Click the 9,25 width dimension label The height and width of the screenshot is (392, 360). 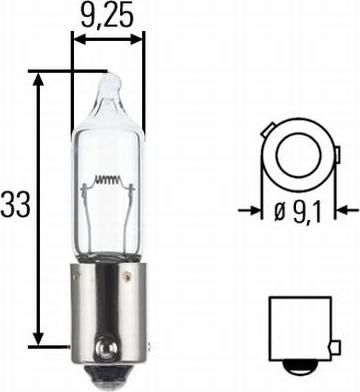[x=107, y=15]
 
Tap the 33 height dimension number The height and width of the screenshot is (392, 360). [x=15, y=204]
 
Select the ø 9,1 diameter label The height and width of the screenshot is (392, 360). [x=297, y=212]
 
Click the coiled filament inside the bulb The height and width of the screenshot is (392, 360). [x=107, y=180]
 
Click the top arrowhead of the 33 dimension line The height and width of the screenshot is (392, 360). [x=39, y=81]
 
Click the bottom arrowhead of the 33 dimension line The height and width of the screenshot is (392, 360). [x=39, y=337]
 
